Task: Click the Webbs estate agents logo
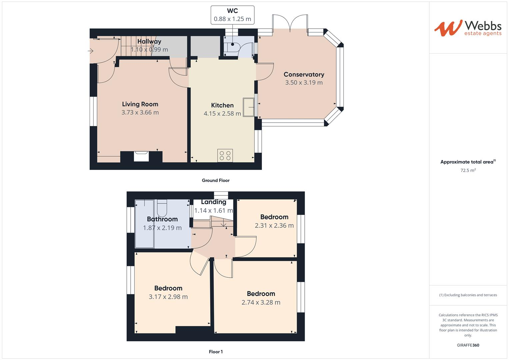point(468,28)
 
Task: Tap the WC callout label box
point(232,15)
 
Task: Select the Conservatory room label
point(304,74)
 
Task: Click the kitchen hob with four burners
point(225,155)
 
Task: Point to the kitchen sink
point(248,107)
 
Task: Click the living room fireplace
point(141,156)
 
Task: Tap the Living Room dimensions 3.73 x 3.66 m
point(140,112)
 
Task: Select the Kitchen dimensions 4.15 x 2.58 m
point(222,114)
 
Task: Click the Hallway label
point(149,41)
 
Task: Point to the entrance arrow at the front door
point(90,51)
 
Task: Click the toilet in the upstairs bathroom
point(162,208)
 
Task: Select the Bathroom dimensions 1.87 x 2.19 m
point(162,228)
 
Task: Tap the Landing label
point(213,202)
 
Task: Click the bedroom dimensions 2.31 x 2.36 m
point(274,226)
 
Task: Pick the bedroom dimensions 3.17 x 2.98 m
point(168,297)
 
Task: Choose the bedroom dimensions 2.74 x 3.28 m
point(261,302)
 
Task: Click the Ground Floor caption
point(215,180)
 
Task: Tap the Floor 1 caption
point(215,352)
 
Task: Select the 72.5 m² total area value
point(468,170)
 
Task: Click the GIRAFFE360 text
point(468,345)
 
